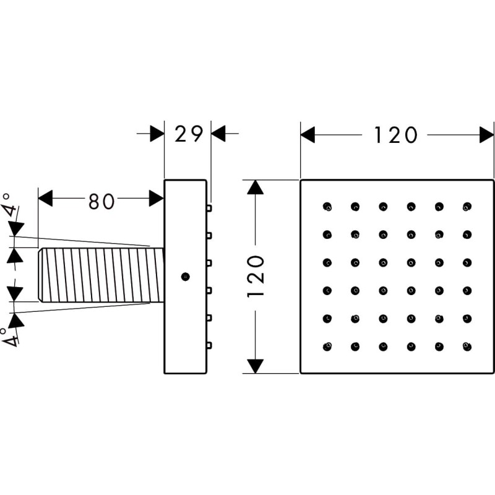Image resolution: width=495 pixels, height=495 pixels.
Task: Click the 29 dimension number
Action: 189,134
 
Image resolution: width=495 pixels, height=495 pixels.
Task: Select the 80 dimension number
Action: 101,201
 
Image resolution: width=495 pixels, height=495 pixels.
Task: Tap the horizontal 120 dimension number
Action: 395,135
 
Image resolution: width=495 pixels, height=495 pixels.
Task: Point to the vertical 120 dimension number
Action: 256,277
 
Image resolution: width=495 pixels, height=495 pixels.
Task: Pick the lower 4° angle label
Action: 9,337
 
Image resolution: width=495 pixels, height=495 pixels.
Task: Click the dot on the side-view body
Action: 185,277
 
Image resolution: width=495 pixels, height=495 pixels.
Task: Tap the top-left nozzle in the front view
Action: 327,207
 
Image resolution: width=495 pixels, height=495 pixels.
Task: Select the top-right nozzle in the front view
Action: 467,207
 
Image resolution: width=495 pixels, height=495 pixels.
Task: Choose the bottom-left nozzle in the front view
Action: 327,346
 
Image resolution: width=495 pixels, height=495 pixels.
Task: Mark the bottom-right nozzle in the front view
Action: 467,346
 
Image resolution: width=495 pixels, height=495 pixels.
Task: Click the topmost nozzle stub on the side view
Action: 209,208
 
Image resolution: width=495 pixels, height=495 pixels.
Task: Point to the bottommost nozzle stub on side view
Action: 209,345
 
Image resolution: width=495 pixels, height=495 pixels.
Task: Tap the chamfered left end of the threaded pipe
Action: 40,275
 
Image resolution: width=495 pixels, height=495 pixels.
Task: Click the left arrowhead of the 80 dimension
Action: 45,198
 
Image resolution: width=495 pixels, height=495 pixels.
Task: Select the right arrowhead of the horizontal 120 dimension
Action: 486,135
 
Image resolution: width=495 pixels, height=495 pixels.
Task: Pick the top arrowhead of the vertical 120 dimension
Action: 255,187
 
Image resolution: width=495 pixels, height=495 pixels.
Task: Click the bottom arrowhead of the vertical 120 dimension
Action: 255,366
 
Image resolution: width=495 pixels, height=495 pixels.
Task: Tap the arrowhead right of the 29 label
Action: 218,134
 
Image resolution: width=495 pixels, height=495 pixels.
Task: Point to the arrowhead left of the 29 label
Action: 157,134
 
